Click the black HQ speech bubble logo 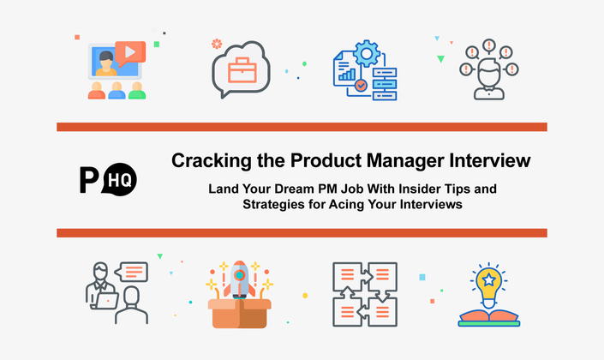(120, 179)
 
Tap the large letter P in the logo (89, 180)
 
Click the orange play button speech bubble (130, 53)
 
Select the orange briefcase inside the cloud (242, 70)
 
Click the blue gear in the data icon (367, 54)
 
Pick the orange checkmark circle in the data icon (361, 85)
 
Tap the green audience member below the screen (137, 91)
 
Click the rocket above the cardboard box (240, 279)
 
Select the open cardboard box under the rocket (240, 314)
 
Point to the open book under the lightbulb (489, 319)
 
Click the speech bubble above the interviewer (132, 272)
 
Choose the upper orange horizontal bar (302, 127)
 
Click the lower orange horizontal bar (302, 233)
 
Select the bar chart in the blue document (347, 75)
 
